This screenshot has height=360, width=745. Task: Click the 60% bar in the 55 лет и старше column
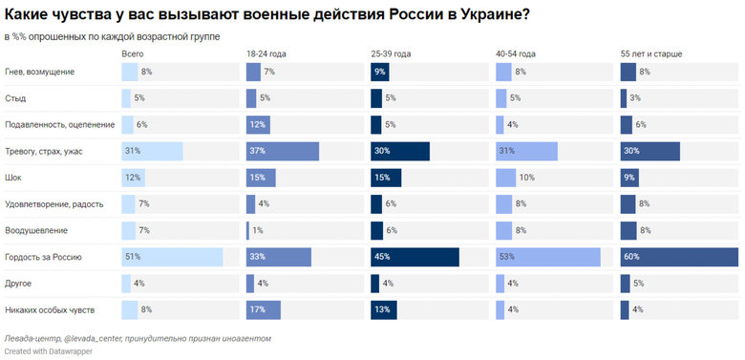[x=679, y=257]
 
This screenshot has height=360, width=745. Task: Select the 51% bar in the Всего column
[x=172, y=257]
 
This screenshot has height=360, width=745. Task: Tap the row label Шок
[x=14, y=178]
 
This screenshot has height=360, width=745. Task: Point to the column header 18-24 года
[x=266, y=54]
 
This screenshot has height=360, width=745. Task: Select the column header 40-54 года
[x=516, y=54]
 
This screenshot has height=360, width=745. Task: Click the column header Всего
[x=134, y=54]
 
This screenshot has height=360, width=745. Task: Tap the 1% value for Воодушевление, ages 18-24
[x=258, y=230]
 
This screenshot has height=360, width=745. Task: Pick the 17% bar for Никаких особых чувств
[x=263, y=309]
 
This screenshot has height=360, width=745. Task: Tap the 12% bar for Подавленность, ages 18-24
[x=257, y=124]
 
